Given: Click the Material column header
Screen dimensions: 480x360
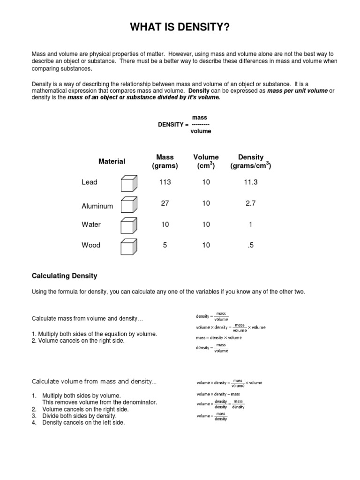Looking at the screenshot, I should coord(112,161).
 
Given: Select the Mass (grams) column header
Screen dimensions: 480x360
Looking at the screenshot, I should coord(165,162).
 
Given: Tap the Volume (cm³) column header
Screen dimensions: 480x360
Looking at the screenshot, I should coord(206,162).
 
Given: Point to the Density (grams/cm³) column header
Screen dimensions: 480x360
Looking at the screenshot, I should coord(251,162).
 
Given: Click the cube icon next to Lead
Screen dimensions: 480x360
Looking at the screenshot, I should coord(129,183).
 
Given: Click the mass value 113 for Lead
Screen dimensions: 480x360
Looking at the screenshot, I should coord(165,182).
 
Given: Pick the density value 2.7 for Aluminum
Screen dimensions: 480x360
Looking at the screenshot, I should coord(251,203).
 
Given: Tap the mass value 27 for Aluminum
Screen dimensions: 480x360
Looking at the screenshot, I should coord(165,203).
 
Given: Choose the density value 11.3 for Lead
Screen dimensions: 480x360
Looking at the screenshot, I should coord(251,182).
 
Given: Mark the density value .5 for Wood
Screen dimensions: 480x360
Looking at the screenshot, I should coord(251,245).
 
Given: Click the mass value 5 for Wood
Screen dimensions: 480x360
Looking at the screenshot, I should coord(165,245).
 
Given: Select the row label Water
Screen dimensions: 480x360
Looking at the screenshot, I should coord(91,225).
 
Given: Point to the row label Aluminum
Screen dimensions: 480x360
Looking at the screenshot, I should coord(97,206).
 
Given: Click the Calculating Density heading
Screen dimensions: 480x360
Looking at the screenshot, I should coord(64,276).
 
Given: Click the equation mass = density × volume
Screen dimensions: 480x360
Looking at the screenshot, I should coord(218,337).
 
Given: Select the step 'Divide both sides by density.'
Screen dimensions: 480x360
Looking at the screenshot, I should coord(79,416).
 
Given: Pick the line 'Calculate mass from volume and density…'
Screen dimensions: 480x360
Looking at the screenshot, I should coord(87,319).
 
